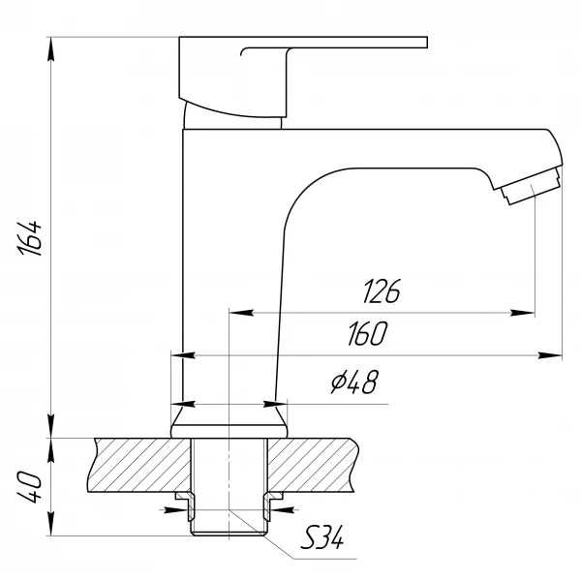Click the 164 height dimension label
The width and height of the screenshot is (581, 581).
31,237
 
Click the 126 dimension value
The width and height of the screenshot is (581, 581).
382,291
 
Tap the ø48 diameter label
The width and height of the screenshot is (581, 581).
353,383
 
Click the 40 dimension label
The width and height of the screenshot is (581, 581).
30,487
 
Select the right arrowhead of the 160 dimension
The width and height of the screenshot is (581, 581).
554,355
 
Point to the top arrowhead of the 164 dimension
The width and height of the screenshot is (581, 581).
49,45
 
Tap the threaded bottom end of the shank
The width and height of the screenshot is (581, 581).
230,523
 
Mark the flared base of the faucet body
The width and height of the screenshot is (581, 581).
230,421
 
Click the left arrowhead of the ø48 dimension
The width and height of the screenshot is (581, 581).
179,403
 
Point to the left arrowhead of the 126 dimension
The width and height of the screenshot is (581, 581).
236,313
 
